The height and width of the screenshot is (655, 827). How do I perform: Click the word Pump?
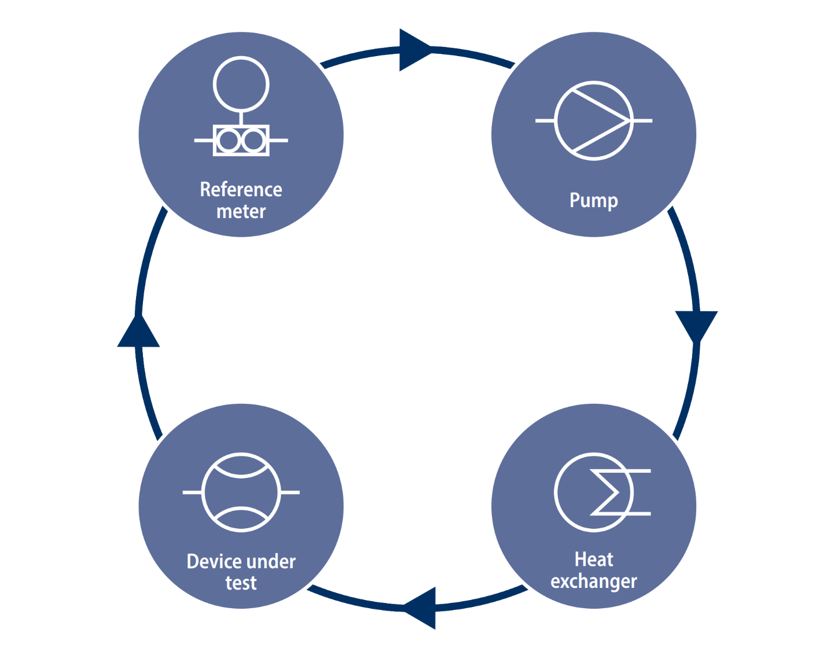(593, 200)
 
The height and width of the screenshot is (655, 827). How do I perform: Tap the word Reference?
(241, 189)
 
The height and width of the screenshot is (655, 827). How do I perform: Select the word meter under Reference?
(241, 211)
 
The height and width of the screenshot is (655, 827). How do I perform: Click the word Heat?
(593, 560)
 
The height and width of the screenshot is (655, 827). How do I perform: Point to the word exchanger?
(593, 581)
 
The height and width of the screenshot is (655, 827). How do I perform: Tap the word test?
(241, 583)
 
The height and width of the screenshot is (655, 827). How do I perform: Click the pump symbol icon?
(594, 120)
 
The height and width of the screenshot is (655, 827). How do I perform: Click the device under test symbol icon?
(241, 492)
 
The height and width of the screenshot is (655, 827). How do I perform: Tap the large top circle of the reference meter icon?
(241, 84)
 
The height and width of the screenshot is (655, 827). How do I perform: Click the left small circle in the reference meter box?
(229, 141)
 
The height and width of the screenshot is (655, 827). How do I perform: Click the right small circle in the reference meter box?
(253, 141)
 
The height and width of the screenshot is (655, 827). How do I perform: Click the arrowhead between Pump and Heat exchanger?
(696, 324)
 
